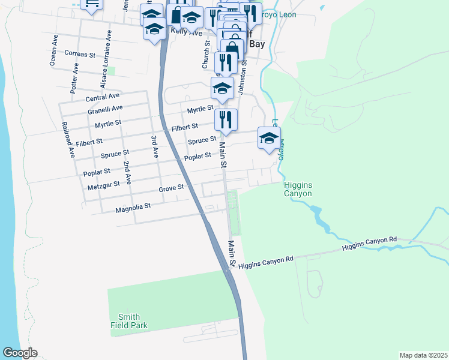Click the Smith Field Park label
tap(129, 321)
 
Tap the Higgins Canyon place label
tap(298, 189)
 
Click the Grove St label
tap(171, 188)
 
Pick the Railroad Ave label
tap(71, 140)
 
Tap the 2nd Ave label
tap(127, 172)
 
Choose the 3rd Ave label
tap(155, 146)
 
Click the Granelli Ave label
tap(105, 109)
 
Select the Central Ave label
tap(103, 97)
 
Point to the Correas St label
tap(80, 54)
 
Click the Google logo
tap(20, 353)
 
